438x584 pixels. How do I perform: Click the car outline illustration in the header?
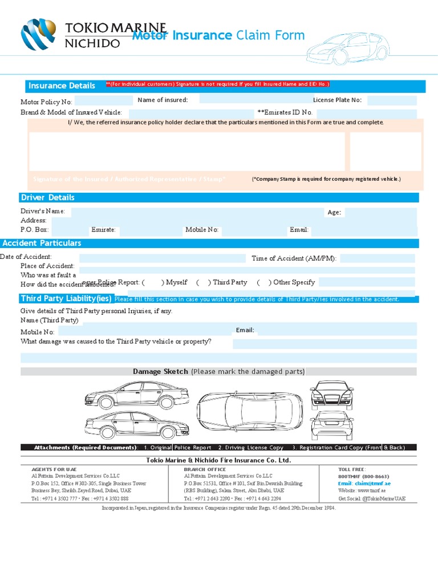[347, 48]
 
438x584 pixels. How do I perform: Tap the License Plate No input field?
[391, 101]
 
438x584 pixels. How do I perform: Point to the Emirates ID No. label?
[285, 112]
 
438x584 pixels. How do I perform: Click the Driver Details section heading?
[47, 197]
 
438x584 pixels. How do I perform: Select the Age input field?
[380, 212]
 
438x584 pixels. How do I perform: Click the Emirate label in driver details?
[103, 230]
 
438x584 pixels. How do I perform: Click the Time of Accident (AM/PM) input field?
[377, 258]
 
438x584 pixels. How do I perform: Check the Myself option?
[152, 282]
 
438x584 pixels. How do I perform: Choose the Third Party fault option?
[202, 282]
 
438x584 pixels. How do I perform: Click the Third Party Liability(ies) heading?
[66, 299]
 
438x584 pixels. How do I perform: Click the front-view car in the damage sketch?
[331, 395]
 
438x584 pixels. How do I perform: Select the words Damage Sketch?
[160, 371]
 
